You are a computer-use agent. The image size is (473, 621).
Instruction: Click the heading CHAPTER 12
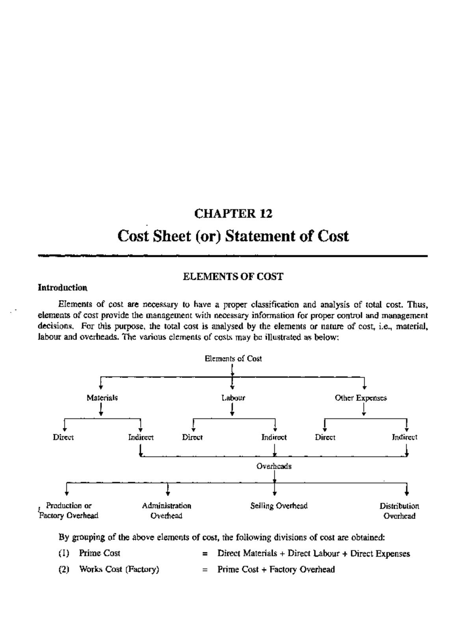point(233,214)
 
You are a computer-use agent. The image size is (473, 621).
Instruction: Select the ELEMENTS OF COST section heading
point(233,277)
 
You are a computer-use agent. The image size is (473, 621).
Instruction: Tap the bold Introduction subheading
point(62,288)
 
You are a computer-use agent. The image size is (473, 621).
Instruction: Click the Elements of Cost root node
point(233,359)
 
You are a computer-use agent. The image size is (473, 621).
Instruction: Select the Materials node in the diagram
point(102,398)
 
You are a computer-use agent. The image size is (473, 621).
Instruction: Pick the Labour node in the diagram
point(233,398)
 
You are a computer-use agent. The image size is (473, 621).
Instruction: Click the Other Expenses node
point(361,398)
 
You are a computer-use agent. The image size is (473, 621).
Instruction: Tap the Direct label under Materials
point(63,437)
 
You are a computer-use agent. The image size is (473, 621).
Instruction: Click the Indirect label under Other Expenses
point(404,437)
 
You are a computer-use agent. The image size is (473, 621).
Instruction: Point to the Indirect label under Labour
point(274,437)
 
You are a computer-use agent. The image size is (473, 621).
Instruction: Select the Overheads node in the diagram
point(274,467)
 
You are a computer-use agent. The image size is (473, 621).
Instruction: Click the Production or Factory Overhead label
point(69,511)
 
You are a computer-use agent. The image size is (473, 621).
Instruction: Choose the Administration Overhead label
point(166,511)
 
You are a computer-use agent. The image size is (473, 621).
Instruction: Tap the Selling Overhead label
point(279,506)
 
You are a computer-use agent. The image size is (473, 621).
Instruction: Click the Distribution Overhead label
point(399,511)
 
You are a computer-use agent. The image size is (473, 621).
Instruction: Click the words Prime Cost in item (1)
point(100,554)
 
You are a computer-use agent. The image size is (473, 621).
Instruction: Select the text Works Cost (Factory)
point(119,569)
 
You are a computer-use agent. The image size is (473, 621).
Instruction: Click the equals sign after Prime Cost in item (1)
point(205,554)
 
